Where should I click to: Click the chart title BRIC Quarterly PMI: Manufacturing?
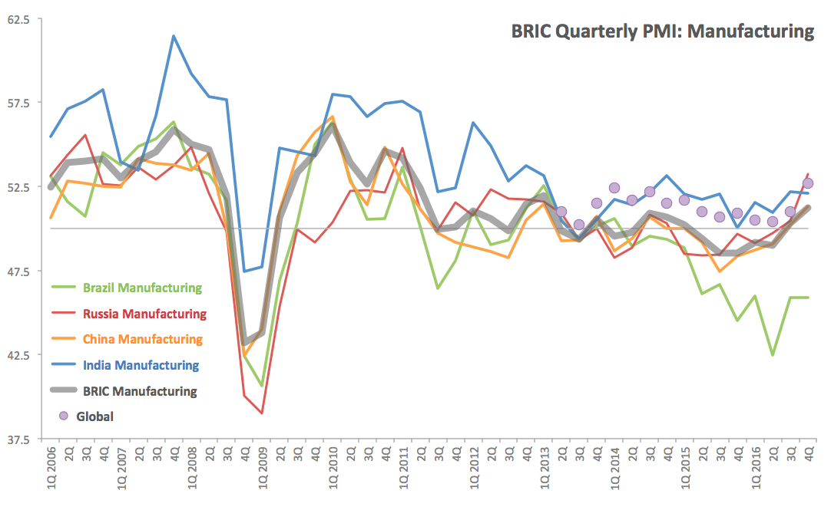point(662,31)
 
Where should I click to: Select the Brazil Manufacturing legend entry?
point(143,288)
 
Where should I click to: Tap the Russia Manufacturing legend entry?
point(145,314)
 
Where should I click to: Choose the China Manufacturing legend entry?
point(143,339)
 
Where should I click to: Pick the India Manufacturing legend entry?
point(141,365)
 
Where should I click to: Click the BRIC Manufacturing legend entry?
point(140,391)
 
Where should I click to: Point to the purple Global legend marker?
point(64,416)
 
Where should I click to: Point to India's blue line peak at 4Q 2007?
point(174,36)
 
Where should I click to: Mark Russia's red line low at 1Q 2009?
point(262,413)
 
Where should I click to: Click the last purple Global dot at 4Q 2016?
point(808,183)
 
